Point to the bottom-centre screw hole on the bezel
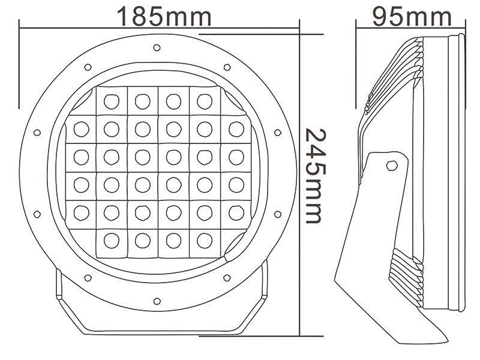tap(157, 300)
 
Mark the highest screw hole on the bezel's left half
tap(88, 67)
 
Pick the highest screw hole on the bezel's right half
tap(227, 67)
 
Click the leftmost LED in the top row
tap(110, 101)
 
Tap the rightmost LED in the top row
tap(204, 101)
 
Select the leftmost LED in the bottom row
tap(110, 239)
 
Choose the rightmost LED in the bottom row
tap(204, 239)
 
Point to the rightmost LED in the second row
tap(235, 128)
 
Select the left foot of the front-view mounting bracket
tap(60, 294)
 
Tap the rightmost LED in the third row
tap(235, 157)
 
